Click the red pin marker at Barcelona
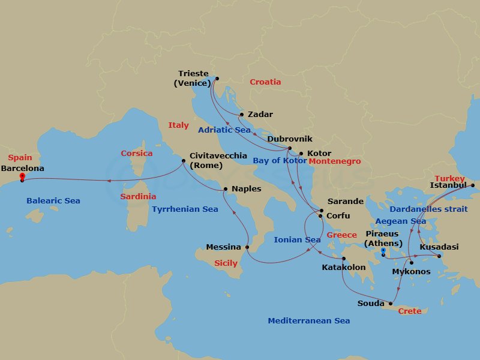click(22, 177)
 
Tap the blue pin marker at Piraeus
click(383, 251)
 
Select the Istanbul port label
click(448, 186)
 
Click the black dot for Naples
click(225, 190)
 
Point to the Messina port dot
click(247, 247)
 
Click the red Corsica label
click(136, 154)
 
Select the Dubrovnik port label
click(290, 139)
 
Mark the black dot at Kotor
click(301, 154)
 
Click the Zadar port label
click(260, 115)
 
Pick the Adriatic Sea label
click(224, 130)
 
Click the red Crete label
click(410, 311)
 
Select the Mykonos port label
click(410, 272)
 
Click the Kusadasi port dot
click(439, 257)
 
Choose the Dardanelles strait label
click(428, 209)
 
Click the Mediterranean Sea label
click(308, 321)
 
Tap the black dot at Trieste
click(217, 78)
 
